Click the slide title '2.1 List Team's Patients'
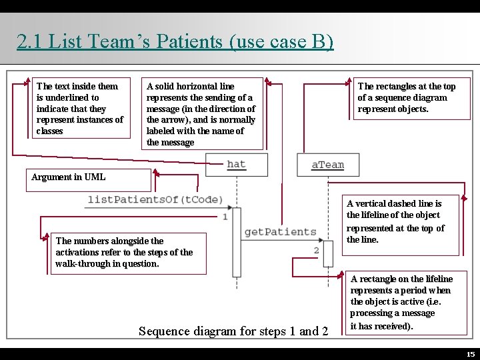point(175,41)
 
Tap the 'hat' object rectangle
point(236,165)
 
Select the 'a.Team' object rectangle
point(328,165)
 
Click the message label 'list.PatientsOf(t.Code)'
point(155,199)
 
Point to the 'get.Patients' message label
point(280,232)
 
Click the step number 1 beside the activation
point(225,216)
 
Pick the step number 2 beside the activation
point(316,250)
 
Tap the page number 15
point(471,354)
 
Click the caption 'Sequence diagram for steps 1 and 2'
point(233,331)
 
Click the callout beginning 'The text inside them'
point(82,108)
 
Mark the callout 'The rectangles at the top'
point(407,97)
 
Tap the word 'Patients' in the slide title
point(188,41)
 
